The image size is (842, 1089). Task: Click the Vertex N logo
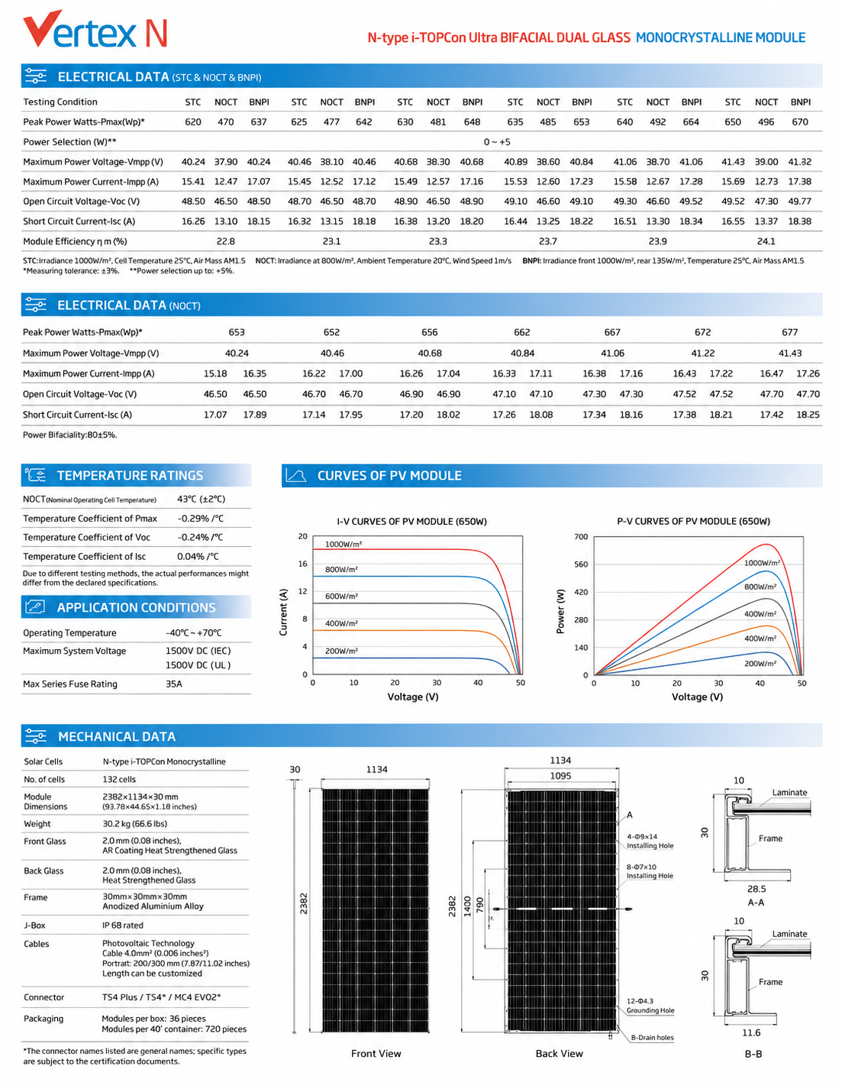95,30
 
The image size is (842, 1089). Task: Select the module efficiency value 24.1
766,241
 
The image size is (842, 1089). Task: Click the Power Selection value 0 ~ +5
497,142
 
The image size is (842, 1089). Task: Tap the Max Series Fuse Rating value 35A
174,683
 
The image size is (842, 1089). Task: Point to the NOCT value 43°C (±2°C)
201,499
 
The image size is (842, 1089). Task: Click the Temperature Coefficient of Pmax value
200,519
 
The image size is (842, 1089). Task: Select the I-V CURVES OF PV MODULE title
411,521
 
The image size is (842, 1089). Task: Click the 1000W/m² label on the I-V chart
344,544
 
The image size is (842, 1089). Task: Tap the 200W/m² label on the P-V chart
760,663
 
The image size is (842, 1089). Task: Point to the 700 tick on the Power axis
581,537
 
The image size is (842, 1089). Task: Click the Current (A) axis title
283,612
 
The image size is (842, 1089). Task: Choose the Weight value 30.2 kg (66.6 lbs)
135,823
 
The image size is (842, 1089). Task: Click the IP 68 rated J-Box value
123,925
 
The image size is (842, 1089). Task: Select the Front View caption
376,1053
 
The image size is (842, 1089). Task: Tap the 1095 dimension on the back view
560,775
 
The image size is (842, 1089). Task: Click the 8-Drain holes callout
652,1037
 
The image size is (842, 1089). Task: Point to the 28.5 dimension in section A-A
757,889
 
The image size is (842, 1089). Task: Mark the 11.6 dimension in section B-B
751,1032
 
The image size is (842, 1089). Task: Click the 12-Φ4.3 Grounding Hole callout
650,1005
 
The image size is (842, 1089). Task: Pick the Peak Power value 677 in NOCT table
790,331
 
